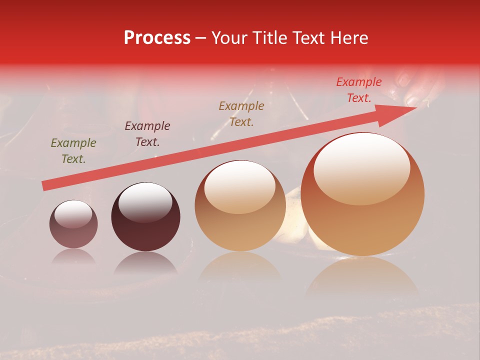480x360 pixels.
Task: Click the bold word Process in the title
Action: click(x=157, y=38)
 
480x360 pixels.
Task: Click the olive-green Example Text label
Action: click(x=73, y=151)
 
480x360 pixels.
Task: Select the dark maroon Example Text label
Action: click(x=147, y=134)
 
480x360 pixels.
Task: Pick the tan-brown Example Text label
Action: click(x=241, y=114)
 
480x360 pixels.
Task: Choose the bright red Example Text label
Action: click(x=358, y=90)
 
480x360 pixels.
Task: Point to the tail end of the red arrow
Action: click(x=44, y=186)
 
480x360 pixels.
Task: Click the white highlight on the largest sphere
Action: click(x=361, y=169)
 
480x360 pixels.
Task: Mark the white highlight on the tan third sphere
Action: click(x=240, y=186)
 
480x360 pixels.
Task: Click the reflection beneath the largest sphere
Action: click(x=362, y=277)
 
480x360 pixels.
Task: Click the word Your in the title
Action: click(x=229, y=38)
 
